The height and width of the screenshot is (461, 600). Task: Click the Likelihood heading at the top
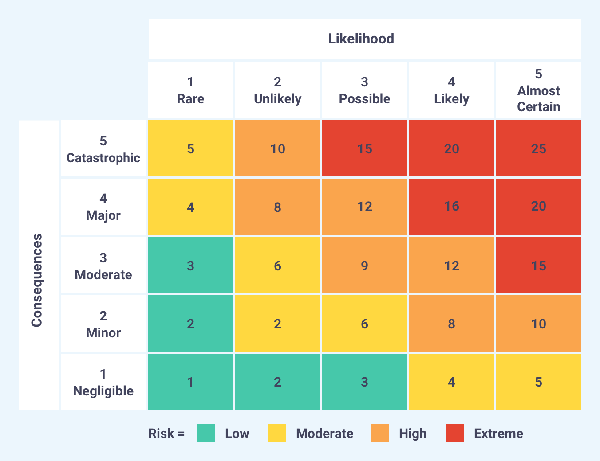[361, 39]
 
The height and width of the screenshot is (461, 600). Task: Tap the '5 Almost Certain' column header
[538, 90]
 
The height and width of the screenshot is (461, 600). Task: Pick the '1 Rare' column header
[190, 90]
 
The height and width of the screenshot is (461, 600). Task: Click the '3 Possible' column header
[364, 90]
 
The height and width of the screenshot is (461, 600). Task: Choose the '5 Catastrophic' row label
[103, 149]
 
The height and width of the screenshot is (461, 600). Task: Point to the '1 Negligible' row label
[103, 382]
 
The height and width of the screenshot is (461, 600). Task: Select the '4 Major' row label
[103, 207]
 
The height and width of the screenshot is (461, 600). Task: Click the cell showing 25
[538, 148]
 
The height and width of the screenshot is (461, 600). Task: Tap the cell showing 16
[451, 207]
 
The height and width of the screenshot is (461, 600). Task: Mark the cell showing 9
[364, 266]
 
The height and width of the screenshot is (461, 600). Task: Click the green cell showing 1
[190, 382]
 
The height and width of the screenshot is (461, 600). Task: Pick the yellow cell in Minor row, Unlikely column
[277, 324]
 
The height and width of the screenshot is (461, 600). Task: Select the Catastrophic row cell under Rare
[190, 148]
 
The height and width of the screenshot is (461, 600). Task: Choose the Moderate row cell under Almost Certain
[538, 266]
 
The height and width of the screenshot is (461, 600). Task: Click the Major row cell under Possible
[364, 207]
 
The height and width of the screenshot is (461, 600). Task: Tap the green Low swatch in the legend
[206, 433]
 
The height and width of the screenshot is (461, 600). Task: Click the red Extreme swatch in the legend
[455, 433]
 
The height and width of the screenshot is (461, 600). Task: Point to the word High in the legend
[413, 434]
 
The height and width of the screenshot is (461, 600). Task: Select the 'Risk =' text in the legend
[166, 434]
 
